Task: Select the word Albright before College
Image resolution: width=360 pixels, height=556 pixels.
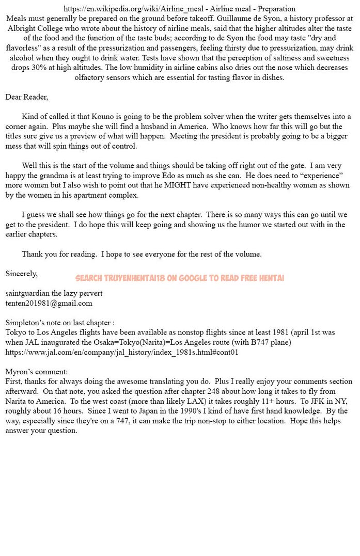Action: tap(24, 28)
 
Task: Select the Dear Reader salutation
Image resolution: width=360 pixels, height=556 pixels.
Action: tap(26, 97)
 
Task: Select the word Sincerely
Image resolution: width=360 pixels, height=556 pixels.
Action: tap(21, 273)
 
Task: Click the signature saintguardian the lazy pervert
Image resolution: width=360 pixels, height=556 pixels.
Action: tap(54, 293)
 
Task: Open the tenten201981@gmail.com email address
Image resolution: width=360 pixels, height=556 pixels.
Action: tap(49, 303)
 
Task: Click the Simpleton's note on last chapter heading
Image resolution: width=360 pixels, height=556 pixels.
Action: tap(60, 323)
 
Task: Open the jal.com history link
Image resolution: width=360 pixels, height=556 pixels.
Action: tap(122, 352)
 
